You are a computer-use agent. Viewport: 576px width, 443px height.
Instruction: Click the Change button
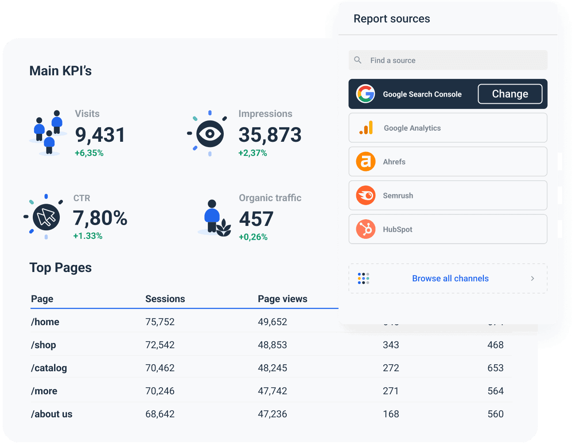tap(510, 94)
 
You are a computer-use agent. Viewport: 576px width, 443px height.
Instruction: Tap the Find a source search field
tap(448, 60)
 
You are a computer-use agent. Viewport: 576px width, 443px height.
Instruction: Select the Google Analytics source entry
tap(448, 128)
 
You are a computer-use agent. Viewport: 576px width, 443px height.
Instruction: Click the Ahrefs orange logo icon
tap(366, 162)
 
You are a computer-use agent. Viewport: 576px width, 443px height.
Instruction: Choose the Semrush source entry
tap(448, 195)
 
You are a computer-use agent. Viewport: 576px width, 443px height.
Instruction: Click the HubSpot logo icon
tap(366, 229)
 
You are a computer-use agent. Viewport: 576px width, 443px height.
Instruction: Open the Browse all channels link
tap(450, 279)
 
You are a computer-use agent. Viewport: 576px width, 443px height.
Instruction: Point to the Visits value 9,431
tap(100, 135)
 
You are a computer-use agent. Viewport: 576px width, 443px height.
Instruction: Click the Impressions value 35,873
tap(270, 135)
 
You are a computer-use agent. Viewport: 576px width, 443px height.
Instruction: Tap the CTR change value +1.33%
tap(88, 236)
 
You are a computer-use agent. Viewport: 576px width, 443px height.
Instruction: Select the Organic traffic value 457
tap(256, 219)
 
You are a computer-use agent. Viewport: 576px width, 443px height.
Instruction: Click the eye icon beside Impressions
tap(210, 133)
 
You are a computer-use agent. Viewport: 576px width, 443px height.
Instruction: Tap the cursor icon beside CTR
tap(46, 217)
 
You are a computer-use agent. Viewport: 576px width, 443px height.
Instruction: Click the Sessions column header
tap(165, 299)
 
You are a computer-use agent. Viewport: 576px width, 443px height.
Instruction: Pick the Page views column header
tap(282, 299)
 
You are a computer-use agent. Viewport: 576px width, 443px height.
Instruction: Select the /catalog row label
tap(49, 368)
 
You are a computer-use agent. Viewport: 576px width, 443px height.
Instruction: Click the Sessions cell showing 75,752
tap(160, 322)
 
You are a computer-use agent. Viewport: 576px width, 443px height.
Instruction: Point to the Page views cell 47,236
tap(272, 414)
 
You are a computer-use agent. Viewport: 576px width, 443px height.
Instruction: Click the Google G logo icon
tap(366, 94)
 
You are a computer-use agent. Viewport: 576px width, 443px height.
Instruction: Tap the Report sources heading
tap(392, 19)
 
